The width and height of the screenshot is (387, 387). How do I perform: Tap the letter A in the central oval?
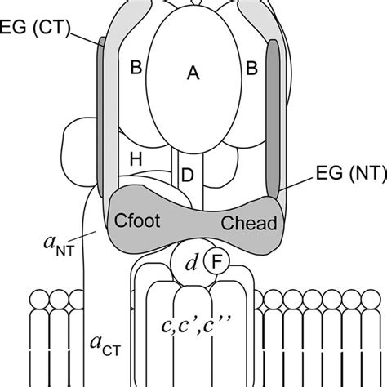click(193, 73)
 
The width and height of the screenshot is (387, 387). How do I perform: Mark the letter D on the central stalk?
click(187, 174)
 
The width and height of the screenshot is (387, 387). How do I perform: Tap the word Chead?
click(248, 222)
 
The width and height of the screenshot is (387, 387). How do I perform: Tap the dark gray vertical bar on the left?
click(103, 114)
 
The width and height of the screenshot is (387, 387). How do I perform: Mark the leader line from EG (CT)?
click(86, 36)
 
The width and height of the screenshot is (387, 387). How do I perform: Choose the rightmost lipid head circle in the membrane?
click(377, 297)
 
